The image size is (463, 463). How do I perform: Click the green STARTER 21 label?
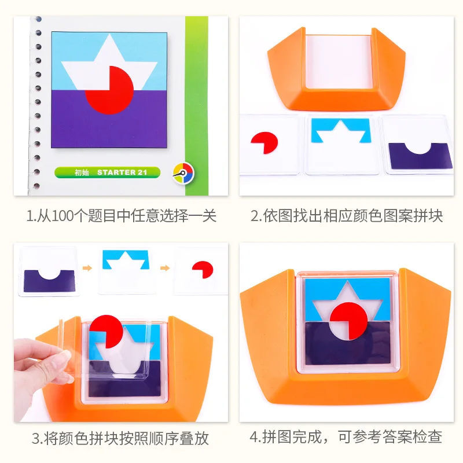108,172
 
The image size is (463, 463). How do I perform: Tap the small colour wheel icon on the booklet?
183,173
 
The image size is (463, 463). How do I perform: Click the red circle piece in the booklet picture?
110,90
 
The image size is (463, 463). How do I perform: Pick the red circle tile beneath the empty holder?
264,142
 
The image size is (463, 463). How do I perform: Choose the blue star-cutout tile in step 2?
341,131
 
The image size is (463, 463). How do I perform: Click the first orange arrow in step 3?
87,268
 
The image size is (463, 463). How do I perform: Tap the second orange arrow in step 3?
165,268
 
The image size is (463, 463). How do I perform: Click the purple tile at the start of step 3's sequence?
49,281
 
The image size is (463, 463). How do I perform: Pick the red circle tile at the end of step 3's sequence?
203,269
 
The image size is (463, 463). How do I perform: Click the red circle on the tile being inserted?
107,331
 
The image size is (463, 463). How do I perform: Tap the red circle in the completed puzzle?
348,321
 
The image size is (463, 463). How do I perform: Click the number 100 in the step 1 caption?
63,216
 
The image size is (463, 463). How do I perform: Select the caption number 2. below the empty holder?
256,216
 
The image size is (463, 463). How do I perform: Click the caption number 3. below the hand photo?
38,438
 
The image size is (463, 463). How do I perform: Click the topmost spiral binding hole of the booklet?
38,19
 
